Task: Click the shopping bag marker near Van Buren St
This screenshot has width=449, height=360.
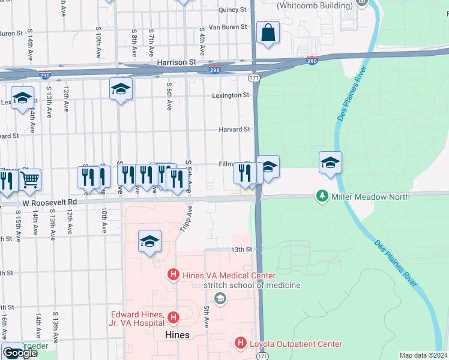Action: (x=268, y=32)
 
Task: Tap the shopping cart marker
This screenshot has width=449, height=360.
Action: (x=30, y=179)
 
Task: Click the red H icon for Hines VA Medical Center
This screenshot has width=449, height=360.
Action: (x=173, y=275)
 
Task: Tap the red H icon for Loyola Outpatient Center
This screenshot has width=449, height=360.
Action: (x=240, y=344)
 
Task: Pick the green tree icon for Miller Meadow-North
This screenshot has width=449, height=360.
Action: (x=322, y=197)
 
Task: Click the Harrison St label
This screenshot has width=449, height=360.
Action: (x=176, y=62)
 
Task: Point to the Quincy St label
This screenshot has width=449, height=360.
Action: (x=232, y=10)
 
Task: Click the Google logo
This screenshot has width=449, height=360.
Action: (x=20, y=353)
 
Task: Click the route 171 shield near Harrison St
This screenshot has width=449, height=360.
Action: (x=254, y=78)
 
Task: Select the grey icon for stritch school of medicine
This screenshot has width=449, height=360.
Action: (x=220, y=298)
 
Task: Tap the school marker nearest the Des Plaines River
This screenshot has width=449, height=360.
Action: (x=330, y=163)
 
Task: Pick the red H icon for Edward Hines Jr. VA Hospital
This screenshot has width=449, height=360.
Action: (x=173, y=317)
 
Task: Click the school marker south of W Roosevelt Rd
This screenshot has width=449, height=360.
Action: (x=149, y=241)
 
